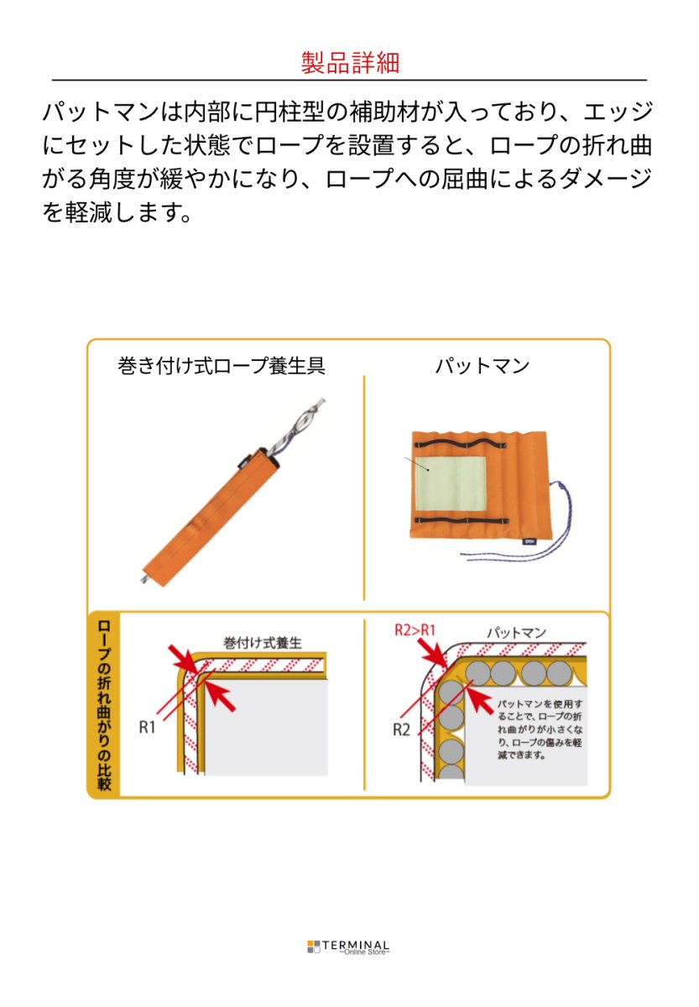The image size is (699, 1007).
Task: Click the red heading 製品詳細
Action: [x=350, y=62]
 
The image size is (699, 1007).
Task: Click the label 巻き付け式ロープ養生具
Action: [x=222, y=366]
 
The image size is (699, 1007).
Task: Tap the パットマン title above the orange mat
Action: [x=482, y=366]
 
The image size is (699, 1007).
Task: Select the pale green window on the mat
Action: [x=451, y=483]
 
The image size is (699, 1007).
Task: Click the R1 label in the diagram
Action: [x=147, y=727]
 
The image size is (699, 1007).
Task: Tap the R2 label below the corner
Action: [x=401, y=729]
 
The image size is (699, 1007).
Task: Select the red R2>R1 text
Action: [x=415, y=630]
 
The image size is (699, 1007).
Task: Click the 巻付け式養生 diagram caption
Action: [x=263, y=643]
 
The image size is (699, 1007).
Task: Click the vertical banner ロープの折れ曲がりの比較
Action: [x=104, y=705]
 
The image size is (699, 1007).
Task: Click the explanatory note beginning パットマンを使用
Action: [x=540, y=729]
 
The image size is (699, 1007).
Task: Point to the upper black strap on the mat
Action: [x=459, y=444]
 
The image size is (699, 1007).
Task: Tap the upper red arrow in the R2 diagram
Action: [x=432, y=652]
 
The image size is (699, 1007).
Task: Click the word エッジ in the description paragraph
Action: [x=618, y=112]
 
